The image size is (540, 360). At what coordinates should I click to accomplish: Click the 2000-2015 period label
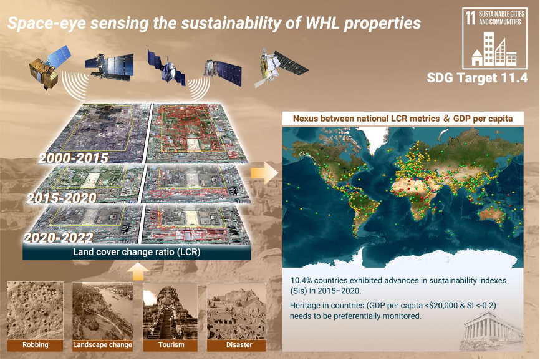click(74, 158)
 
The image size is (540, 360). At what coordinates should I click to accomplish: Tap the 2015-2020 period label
click(62, 198)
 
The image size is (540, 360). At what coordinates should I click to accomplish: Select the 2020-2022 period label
click(58, 238)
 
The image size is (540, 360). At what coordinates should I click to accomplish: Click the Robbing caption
click(35, 344)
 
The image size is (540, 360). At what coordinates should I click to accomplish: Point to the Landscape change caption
click(102, 344)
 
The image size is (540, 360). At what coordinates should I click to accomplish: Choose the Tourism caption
click(171, 344)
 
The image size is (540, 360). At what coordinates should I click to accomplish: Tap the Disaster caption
click(239, 344)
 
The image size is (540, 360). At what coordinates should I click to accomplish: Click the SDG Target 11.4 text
click(477, 78)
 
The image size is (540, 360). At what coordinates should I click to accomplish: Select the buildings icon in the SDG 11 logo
click(494, 49)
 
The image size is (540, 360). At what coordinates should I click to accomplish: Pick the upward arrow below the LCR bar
click(138, 272)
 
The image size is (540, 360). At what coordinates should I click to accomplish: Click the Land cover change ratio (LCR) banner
click(137, 252)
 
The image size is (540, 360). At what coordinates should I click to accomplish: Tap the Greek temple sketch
click(491, 329)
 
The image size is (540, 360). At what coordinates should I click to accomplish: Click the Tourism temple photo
click(170, 311)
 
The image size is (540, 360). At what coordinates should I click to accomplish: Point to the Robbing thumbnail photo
click(35, 311)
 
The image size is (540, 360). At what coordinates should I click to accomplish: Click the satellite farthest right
click(281, 67)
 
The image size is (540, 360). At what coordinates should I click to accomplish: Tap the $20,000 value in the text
click(443, 306)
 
